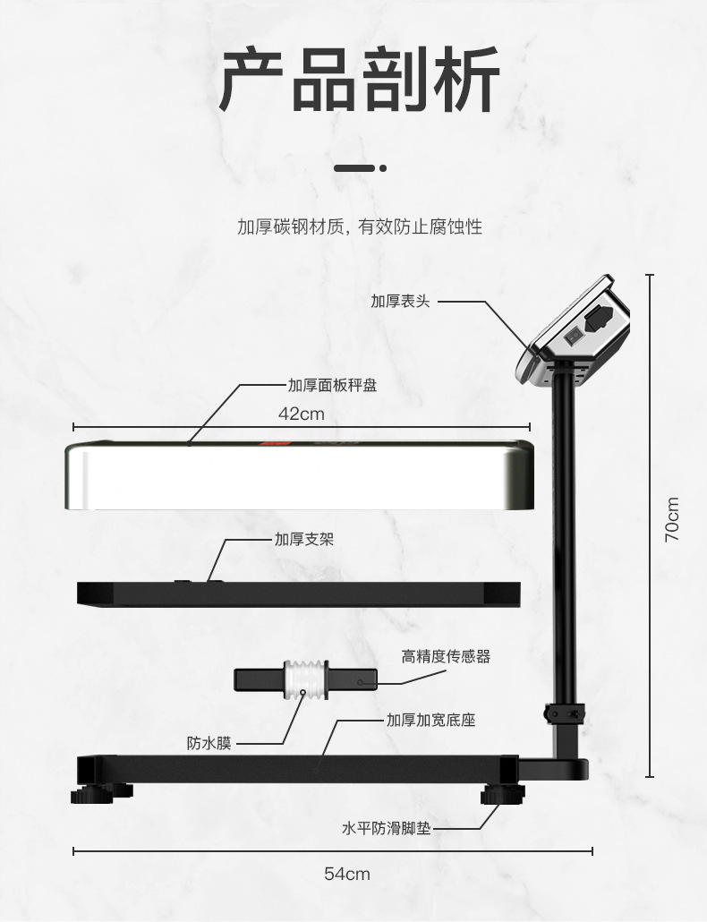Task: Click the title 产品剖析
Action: [359, 81]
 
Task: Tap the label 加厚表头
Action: [400, 301]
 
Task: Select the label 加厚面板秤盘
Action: [332, 385]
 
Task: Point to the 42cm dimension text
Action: [302, 414]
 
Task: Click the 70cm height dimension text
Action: [673, 519]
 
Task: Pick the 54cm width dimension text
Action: [347, 874]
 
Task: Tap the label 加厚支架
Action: [305, 540]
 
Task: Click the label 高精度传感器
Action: [446, 656]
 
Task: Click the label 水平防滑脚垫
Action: [386, 829]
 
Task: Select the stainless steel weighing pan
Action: [300, 476]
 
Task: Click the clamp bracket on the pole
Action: [565, 713]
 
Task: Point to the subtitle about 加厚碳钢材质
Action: [359, 226]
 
